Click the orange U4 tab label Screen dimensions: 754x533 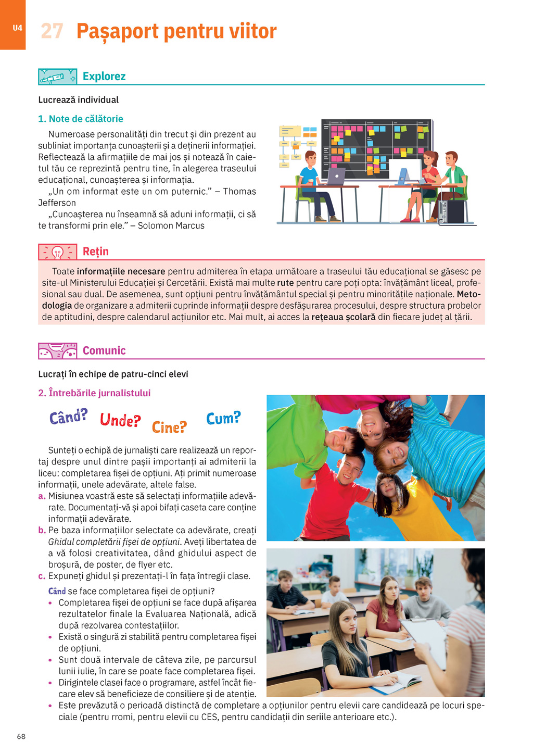click(x=17, y=28)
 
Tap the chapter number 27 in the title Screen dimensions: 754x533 click(x=52, y=31)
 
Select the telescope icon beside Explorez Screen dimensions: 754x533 click(x=57, y=77)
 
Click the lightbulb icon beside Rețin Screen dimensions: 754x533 click(x=57, y=253)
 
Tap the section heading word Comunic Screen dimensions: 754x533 click(x=104, y=350)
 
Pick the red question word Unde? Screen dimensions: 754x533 click(x=120, y=420)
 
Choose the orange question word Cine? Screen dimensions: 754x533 click(x=169, y=427)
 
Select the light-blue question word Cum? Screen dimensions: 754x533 click(x=223, y=418)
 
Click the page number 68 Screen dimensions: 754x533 click(x=21, y=736)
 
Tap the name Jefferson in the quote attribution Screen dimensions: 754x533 click(x=57, y=203)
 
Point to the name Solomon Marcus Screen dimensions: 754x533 click(x=171, y=225)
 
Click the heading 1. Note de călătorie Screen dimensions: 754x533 click(x=81, y=119)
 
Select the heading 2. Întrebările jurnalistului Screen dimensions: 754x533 click(x=94, y=393)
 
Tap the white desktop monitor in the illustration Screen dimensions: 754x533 click(x=405, y=169)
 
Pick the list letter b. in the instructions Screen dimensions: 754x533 click(x=42, y=531)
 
